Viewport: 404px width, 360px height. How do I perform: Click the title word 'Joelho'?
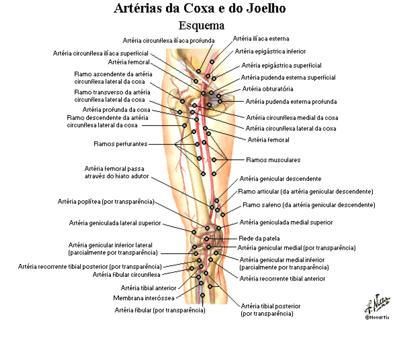pyautogui.click(x=266, y=8)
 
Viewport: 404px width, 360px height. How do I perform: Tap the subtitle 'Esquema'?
pyautogui.click(x=202, y=26)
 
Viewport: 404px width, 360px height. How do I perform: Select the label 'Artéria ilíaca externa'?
pyautogui.click(x=261, y=38)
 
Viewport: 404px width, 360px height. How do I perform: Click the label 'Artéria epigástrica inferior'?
pyautogui.click(x=270, y=52)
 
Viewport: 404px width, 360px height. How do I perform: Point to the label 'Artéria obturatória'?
pyautogui.click(x=268, y=89)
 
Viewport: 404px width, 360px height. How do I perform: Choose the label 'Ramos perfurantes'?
pyautogui.click(x=120, y=143)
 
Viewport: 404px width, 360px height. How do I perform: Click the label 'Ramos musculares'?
pyautogui.click(x=273, y=160)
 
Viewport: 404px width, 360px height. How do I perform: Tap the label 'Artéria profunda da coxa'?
pyautogui.click(x=116, y=110)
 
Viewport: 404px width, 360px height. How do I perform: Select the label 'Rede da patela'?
pyautogui.click(x=259, y=238)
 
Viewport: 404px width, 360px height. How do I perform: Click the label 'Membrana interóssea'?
pyautogui.click(x=144, y=298)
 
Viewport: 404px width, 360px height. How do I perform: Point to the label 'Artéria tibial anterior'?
pyautogui.click(x=148, y=288)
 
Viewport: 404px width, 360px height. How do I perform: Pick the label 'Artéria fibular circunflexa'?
pyautogui.click(x=126, y=275)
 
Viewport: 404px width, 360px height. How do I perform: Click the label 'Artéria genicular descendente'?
pyautogui.click(x=280, y=179)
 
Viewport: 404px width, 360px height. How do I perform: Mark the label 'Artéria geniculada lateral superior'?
pyautogui.click(x=115, y=223)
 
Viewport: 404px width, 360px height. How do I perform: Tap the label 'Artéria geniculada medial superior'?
pyautogui.click(x=286, y=222)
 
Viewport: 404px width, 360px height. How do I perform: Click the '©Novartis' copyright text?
pyautogui.click(x=377, y=317)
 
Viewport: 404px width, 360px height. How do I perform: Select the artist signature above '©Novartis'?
pyautogui.click(x=377, y=303)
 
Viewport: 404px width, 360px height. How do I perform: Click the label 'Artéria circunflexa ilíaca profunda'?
pyautogui.click(x=169, y=41)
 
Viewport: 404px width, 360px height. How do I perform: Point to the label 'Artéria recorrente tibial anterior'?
pyautogui.click(x=282, y=278)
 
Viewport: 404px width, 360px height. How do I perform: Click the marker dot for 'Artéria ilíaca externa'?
pyautogui.click(x=212, y=62)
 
